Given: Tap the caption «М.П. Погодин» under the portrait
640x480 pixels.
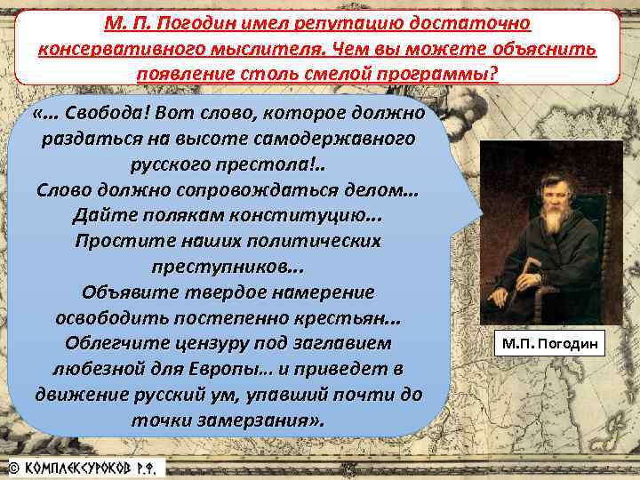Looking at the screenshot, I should (x=550, y=342).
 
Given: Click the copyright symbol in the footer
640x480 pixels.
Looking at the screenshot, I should (x=12, y=467).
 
